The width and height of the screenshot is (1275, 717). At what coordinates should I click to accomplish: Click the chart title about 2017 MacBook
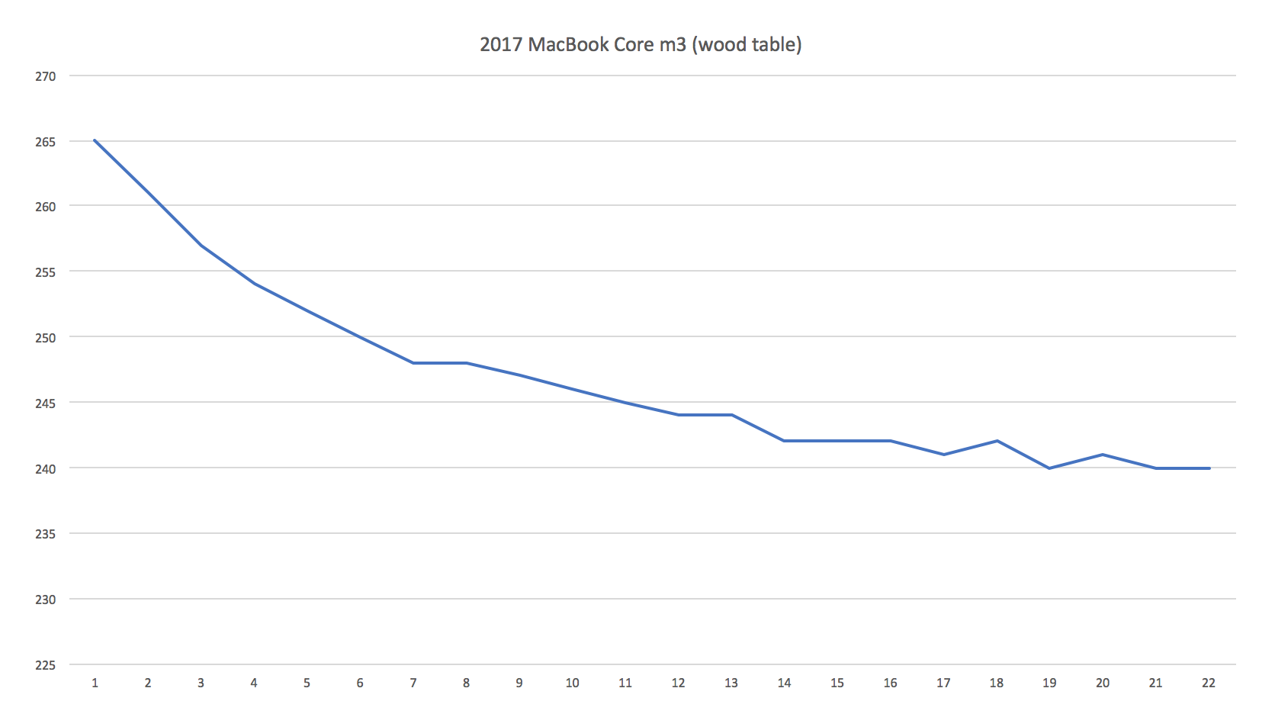coord(640,44)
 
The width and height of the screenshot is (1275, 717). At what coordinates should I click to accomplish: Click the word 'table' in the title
coord(774,44)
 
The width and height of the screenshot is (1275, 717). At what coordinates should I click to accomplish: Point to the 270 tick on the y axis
coord(46,76)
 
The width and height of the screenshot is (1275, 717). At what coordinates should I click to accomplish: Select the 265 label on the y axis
coord(46,142)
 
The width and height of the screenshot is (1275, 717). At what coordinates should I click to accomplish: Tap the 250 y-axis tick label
coord(46,337)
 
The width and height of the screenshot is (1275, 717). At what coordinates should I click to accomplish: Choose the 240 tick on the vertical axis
coord(46,468)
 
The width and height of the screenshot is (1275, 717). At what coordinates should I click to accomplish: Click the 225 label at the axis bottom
coord(46,665)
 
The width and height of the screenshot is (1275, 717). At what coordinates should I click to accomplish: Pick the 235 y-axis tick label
coord(46,534)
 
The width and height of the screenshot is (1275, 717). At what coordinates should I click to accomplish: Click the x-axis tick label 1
coord(95,683)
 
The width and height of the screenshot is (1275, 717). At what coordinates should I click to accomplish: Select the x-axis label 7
coord(413,683)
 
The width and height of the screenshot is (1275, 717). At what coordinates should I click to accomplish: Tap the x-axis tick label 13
coord(731,683)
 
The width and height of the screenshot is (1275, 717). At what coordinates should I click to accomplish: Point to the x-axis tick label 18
coord(996,683)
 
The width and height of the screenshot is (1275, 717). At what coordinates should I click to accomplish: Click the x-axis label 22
coord(1209,683)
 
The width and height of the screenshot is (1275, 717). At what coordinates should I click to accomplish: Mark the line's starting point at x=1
coord(95,140)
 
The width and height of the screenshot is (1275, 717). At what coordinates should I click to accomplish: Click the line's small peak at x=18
coord(997,441)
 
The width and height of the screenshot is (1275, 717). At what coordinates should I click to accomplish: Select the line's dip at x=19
coord(1049,468)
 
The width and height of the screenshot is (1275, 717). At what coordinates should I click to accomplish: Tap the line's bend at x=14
coord(784,441)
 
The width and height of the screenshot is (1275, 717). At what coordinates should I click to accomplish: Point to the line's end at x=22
coord(1209,468)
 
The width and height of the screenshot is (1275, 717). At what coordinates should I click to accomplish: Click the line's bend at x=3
coord(201,245)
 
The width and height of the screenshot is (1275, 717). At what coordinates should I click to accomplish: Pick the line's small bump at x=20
coord(1103,455)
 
